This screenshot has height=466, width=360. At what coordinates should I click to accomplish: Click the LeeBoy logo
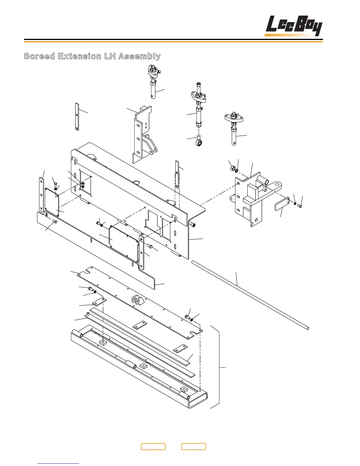294,26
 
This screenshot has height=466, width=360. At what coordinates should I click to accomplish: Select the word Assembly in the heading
139,56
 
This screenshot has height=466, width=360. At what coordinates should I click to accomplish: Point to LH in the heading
109,56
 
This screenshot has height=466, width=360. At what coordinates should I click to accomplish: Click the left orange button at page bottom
153,447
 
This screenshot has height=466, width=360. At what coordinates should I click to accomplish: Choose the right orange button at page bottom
193,447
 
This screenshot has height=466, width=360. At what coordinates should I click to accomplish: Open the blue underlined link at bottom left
58,463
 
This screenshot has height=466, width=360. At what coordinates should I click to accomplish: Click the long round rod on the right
250,294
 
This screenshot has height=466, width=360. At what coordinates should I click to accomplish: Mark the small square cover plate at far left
52,203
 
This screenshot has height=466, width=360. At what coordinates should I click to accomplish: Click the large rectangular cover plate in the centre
124,243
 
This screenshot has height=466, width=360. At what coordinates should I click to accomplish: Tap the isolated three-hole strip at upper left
77,117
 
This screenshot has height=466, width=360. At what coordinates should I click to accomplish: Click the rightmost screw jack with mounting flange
234,128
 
